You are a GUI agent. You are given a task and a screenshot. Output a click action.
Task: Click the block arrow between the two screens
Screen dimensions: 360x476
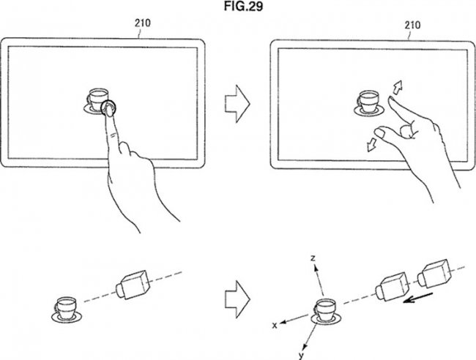236,103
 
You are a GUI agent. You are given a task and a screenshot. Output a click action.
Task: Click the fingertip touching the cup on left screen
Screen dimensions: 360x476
108,110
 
